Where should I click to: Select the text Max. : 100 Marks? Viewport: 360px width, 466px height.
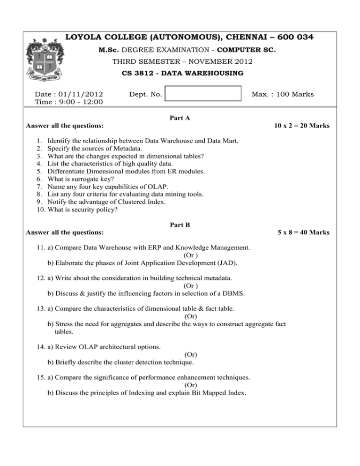(x=283, y=94)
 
